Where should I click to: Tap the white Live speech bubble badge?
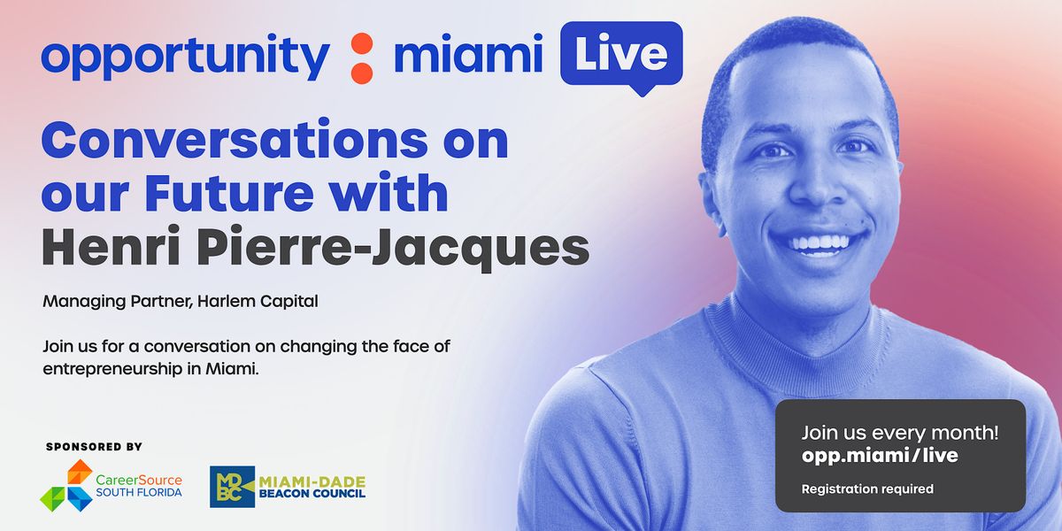pyautogui.click(x=620, y=54)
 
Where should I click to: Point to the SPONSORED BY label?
pyautogui.click(x=94, y=447)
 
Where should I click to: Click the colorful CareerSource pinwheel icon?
pyautogui.click(x=65, y=485)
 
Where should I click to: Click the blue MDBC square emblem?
pyautogui.click(x=232, y=487)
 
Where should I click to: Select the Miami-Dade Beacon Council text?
pyautogui.click(x=312, y=487)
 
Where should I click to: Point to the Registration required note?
pyautogui.click(x=867, y=489)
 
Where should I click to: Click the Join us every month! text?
pyautogui.click(x=899, y=433)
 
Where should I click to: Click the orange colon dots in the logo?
pyautogui.click(x=360, y=57)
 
